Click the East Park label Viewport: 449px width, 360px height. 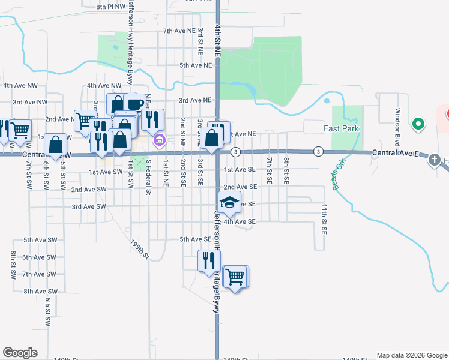point(342,129)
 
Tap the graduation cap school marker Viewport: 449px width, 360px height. point(229,203)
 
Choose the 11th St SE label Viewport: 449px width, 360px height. point(324,218)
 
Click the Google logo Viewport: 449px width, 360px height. point(20,353)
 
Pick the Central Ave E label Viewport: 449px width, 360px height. point(393,153)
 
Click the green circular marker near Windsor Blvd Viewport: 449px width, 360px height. point(418,124)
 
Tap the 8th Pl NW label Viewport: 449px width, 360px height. point(112,6)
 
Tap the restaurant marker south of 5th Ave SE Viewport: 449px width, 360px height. point(208,260)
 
